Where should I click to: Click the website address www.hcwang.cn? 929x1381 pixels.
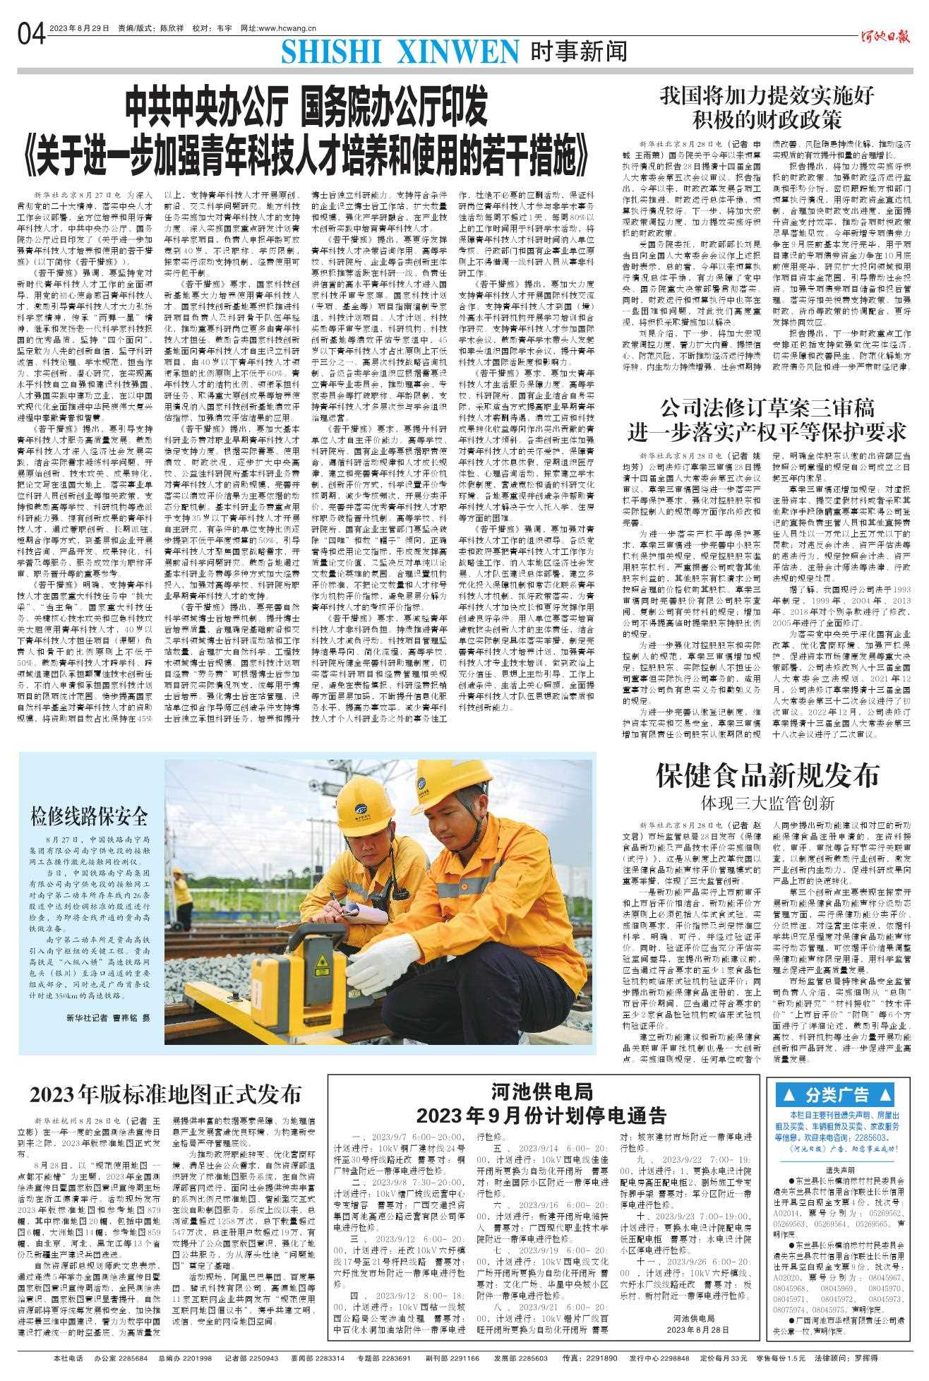279,28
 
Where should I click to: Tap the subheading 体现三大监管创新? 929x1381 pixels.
767,803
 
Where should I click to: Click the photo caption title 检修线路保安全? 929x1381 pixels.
89,817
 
